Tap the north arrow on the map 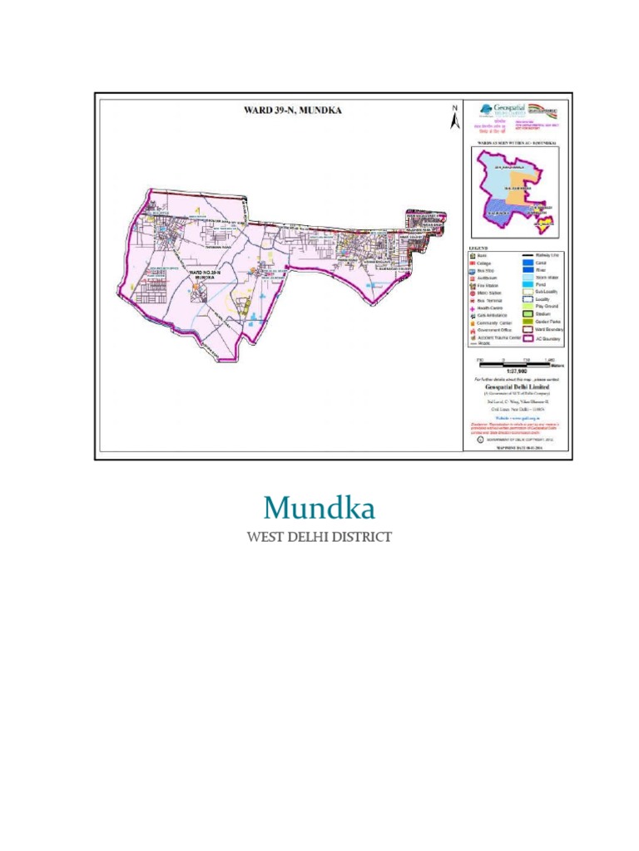coord(454,118)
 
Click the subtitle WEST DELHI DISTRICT coord(319,537)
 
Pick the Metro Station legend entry coord(491,293)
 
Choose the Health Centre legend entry coord(491,307)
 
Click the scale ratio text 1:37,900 coord(516,371)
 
